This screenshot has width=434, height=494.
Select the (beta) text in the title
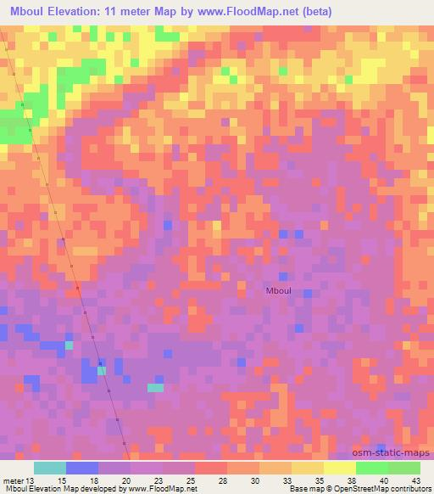314,12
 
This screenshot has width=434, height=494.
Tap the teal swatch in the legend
50,468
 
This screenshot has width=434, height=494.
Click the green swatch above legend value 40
372,468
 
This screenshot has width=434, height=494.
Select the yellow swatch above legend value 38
340,468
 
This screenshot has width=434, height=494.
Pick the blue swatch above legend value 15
82,468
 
